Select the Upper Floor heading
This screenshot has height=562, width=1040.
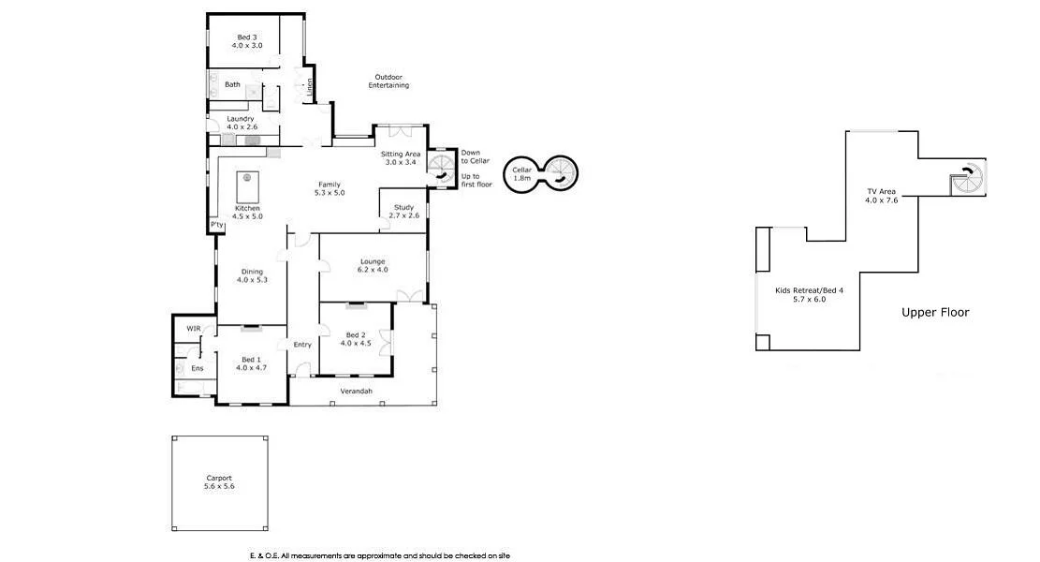935,312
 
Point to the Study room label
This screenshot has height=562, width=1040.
404,212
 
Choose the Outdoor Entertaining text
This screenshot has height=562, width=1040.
391,81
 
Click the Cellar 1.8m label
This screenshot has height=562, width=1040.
521,173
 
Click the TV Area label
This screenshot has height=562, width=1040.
881,196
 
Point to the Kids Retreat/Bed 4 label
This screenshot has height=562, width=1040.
809,295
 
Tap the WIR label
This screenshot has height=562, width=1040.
194,329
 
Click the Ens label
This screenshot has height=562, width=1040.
198,368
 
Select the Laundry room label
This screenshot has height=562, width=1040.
241,123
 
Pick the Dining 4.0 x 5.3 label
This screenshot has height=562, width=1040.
250,275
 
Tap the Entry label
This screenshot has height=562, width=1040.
302,345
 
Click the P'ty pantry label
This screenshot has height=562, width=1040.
216,226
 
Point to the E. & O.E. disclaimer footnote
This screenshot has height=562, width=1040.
379,555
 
